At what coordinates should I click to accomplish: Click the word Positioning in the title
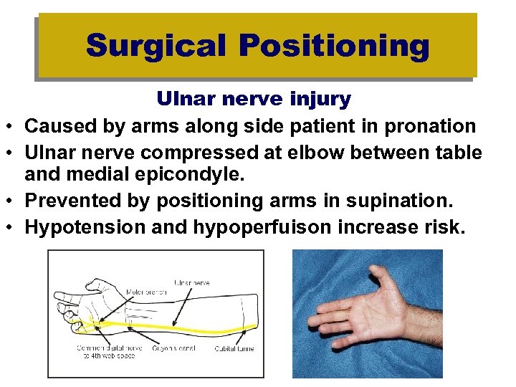point(334,46)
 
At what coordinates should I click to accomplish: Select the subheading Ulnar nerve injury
point(254,99)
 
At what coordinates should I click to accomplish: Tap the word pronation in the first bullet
point(430,127)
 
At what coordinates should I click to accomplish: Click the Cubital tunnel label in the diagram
point(234,348)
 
